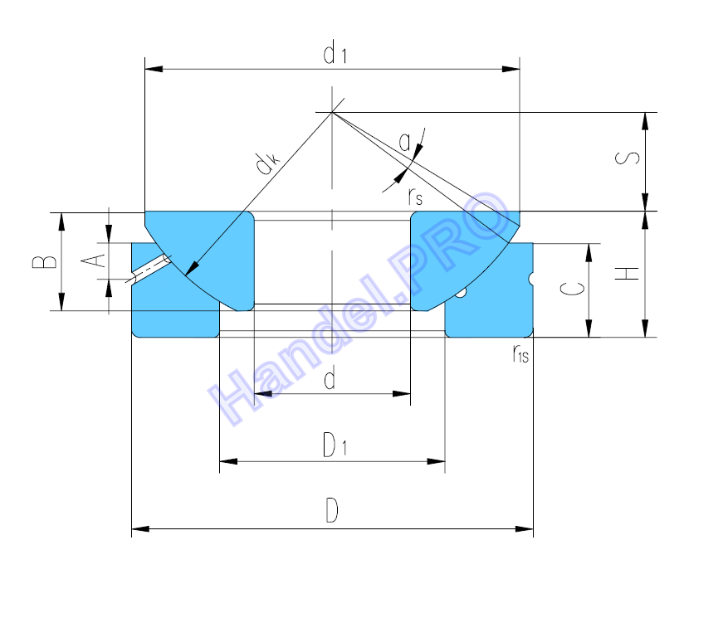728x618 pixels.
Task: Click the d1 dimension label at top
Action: [335, 52]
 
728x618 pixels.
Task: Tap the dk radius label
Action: [268, 163]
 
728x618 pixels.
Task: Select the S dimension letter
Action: [628, 158]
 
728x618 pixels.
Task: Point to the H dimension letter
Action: [628, 273]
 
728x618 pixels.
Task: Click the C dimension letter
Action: [573, 289]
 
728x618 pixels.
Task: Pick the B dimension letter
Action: [45, 261]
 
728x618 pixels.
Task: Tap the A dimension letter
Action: [93, 260]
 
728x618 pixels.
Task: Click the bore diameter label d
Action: [330, 377]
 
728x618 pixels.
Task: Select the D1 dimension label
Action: [335, 445]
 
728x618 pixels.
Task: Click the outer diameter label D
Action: [332, 510]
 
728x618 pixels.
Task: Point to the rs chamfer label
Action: [416, 197]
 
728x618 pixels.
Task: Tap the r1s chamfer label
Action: [520, 354]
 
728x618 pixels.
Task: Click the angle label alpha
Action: [405, 142]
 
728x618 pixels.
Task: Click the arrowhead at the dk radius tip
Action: [191, 269]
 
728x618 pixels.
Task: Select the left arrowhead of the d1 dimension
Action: [154, 69]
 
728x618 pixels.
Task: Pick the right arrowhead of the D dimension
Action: [524, 529]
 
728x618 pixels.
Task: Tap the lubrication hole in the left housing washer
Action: [149, 269]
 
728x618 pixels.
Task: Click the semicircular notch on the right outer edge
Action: [530, 278]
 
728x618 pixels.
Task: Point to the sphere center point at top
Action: [332, 112]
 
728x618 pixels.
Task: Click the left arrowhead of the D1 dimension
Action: [228, 462]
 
